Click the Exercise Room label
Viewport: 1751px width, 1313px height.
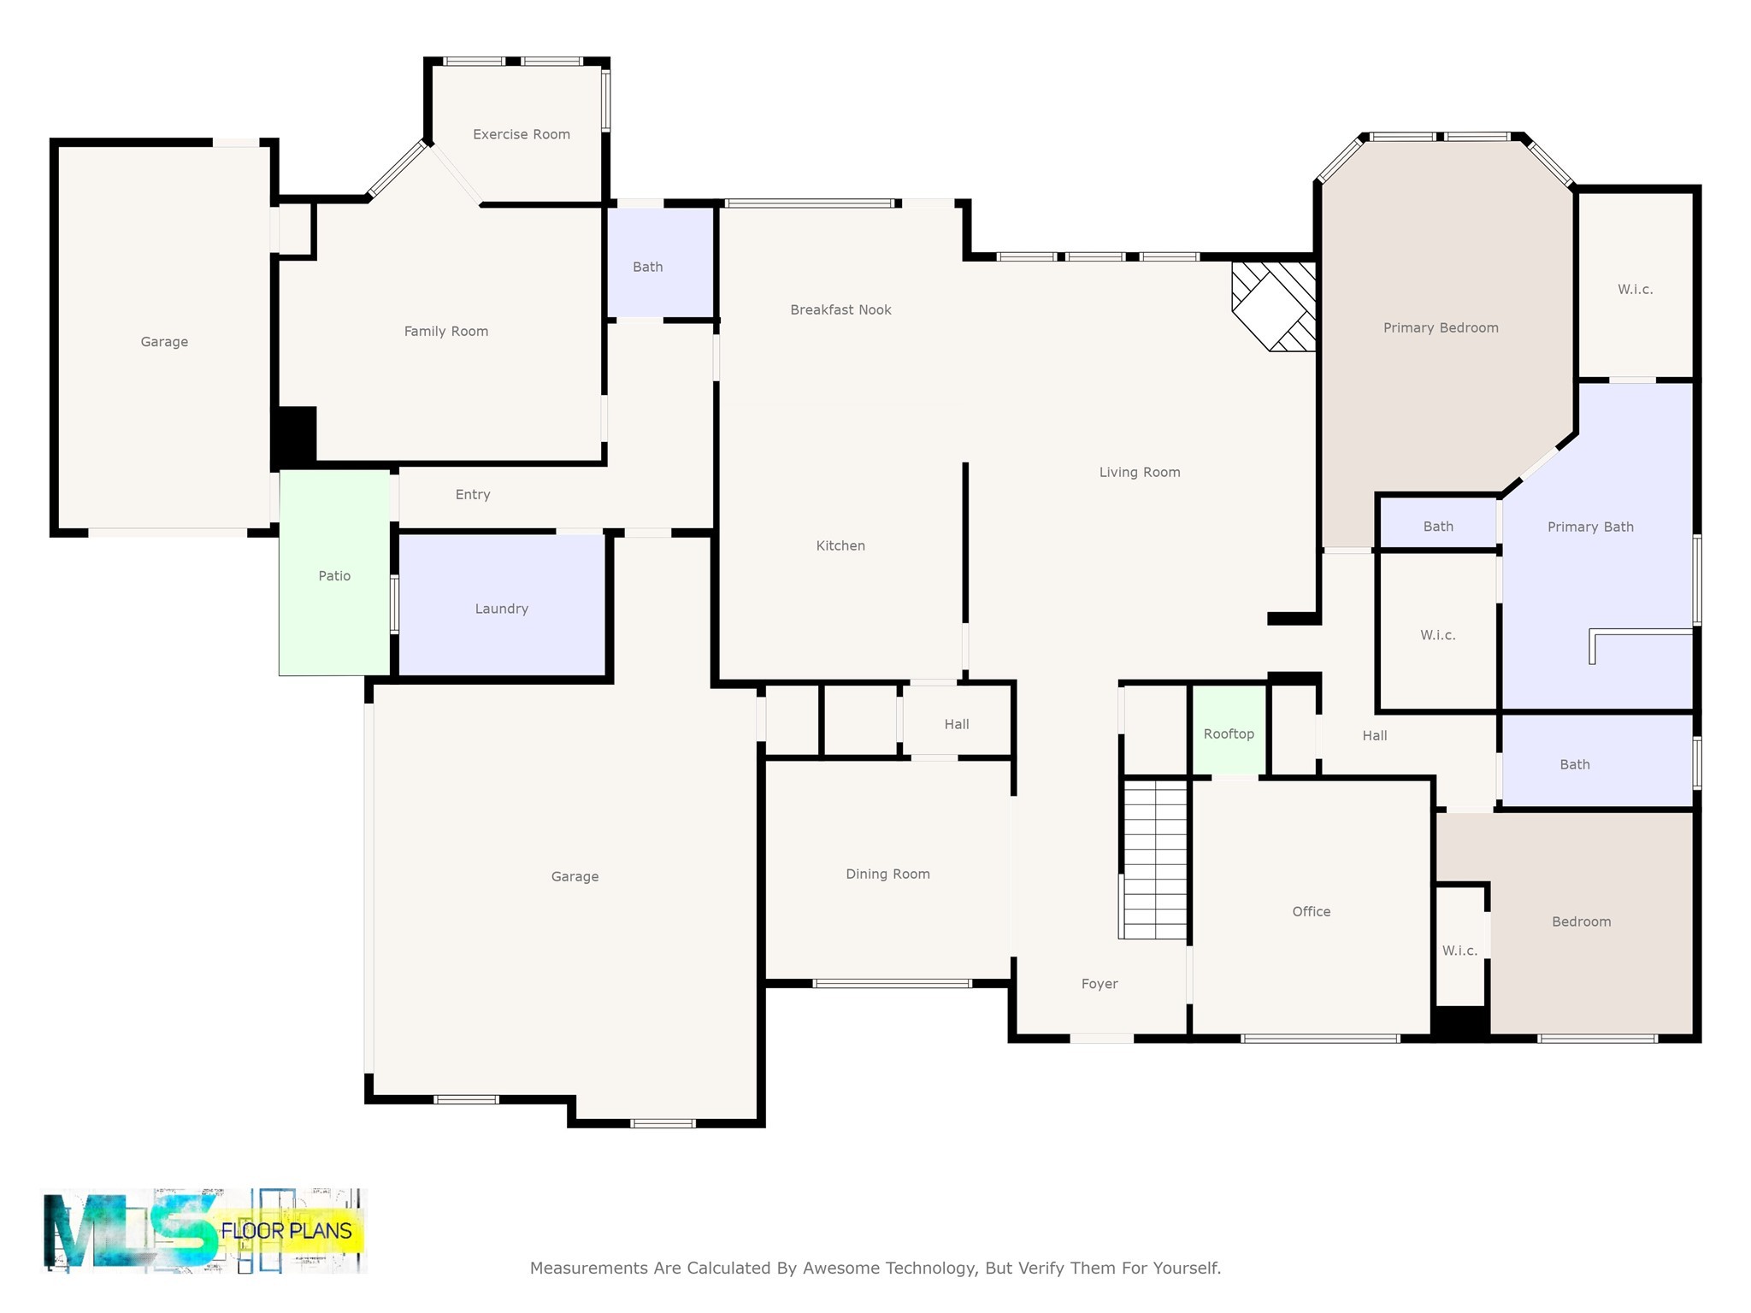[521, 134]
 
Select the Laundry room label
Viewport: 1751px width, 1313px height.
[501, 609]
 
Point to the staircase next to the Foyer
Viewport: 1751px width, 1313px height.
[1154, 858]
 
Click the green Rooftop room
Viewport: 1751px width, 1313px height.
[1229, 733]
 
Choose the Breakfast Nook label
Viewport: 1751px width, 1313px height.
[840, 309]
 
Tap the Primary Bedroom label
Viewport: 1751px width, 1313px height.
[1440, 327]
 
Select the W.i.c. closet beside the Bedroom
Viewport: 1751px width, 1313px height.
[1459, 950]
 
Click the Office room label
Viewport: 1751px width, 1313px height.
[1311, 911]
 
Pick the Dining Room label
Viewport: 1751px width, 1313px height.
[887, 874]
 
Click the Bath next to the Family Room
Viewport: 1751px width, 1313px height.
[647, 267]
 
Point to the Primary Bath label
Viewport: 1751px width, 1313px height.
[1589, 527]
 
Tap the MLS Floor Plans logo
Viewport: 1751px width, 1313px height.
[203, 1230]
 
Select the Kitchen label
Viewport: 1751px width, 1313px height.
[840, 545]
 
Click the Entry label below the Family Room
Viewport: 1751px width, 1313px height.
[473, 494]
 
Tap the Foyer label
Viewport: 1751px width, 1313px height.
[1099, 984]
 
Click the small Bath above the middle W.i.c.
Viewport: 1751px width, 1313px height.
[1437, 527]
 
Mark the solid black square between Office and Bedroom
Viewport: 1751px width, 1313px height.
[1460, 1022]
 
